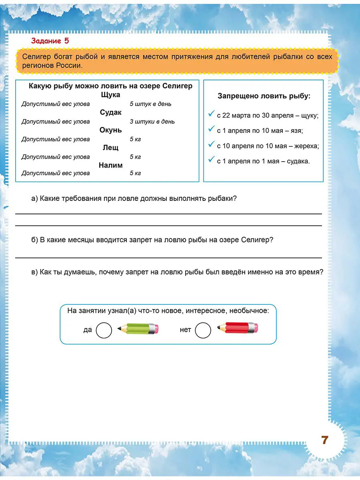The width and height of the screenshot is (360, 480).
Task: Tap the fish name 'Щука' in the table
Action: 111,95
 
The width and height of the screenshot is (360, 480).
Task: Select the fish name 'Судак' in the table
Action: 111,112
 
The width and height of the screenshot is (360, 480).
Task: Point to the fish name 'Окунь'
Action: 111,130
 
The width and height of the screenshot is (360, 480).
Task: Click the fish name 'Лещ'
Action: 111,148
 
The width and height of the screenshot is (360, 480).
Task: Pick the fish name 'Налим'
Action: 111,165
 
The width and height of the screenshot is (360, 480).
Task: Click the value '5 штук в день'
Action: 150,104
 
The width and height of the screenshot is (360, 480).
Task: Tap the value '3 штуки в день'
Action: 152,122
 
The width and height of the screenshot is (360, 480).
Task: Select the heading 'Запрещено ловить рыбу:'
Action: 264,96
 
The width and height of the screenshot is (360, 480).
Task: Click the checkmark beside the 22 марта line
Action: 212,114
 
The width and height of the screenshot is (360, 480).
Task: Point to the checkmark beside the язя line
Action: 212,130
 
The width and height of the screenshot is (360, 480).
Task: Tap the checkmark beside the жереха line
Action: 212,145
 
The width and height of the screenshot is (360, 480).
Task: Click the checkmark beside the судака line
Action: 212,160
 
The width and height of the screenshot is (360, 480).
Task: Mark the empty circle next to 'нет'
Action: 203,330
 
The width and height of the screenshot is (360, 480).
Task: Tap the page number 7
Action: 324,440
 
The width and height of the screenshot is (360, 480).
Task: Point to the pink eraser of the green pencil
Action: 156,329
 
